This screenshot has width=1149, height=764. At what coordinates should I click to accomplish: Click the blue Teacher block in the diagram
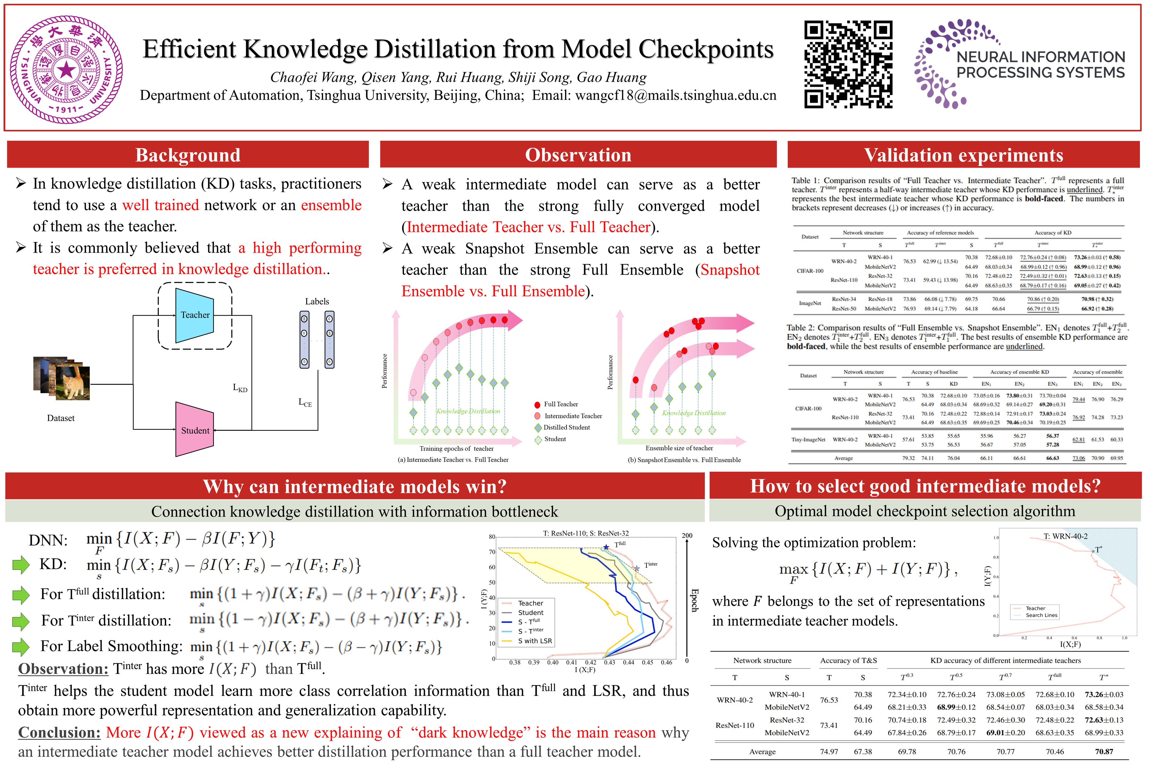[195, 315]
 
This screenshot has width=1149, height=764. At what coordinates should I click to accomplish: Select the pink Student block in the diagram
[195, 430]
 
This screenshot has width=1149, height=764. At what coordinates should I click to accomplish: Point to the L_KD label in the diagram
[240, 388]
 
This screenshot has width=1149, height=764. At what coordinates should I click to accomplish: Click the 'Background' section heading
[188, 155]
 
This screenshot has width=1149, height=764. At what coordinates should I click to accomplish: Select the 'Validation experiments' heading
[963, 155]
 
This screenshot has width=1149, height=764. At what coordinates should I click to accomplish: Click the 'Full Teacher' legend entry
[561, 404]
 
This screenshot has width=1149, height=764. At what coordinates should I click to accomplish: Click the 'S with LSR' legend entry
[534, 641]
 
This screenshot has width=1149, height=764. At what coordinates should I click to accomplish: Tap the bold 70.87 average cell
[1104, 751]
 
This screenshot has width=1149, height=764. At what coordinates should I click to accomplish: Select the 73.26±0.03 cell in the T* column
[1104, 694]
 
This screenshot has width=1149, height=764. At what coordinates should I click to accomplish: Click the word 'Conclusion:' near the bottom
[59, 732]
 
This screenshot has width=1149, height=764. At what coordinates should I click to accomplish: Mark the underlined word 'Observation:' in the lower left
[63, 668]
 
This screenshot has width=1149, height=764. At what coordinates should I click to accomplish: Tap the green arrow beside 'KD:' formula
[21, 565]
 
